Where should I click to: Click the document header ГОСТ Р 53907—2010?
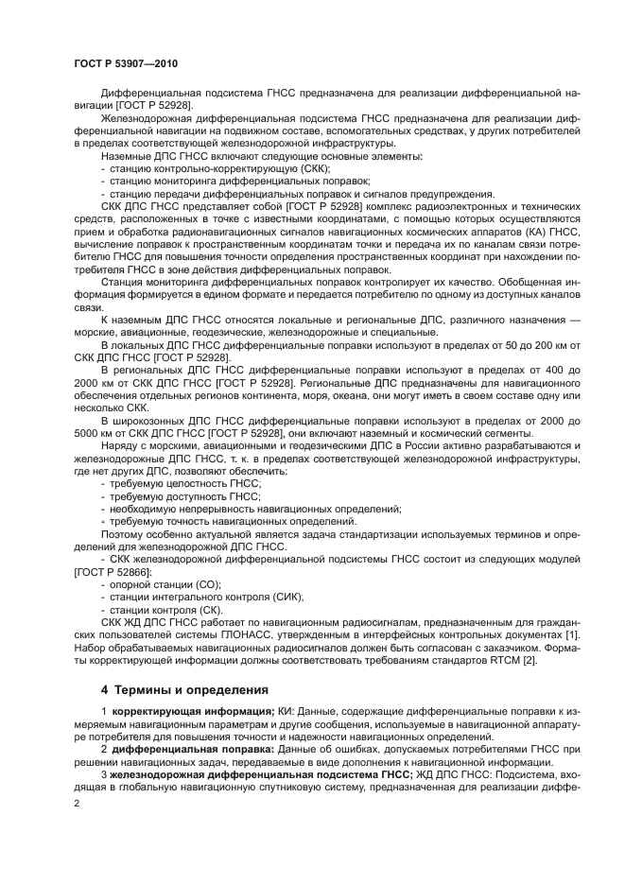click(x=125, y=63)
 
